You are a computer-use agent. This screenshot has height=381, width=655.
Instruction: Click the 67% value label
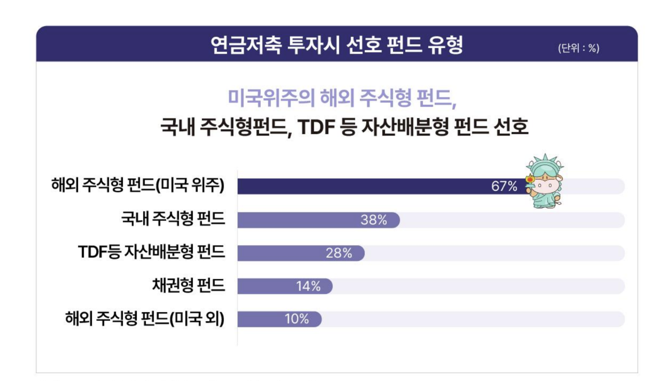pos(504,186)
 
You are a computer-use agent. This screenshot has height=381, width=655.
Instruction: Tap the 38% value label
pos(374,220)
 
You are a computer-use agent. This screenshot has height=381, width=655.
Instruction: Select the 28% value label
pos(339,253)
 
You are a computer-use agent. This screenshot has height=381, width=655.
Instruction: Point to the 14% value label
pos(308,286)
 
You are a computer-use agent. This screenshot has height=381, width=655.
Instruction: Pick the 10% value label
pos(296,319)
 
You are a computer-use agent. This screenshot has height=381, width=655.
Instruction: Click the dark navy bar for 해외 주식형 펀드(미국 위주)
pos(361,186)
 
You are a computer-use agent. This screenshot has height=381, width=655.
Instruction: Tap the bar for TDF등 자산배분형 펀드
pos(280,253)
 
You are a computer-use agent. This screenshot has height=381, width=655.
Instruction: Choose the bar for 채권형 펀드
pos(266,286)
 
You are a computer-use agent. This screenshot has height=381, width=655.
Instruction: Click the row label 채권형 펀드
pos(189,286)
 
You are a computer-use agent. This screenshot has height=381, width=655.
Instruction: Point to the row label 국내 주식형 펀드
pos(173,219)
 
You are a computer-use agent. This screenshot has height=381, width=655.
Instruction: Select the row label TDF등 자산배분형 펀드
pos(152,252)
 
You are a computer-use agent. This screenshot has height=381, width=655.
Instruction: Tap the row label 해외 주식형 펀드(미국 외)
pos(145,319)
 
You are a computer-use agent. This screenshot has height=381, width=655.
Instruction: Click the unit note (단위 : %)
pos(578,48)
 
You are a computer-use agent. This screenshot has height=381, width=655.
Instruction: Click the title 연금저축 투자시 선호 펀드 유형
pos(337,45)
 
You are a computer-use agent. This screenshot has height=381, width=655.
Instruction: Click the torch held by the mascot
pos(530,180)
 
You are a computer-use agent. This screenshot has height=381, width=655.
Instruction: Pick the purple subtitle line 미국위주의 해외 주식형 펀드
pos(341,98)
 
